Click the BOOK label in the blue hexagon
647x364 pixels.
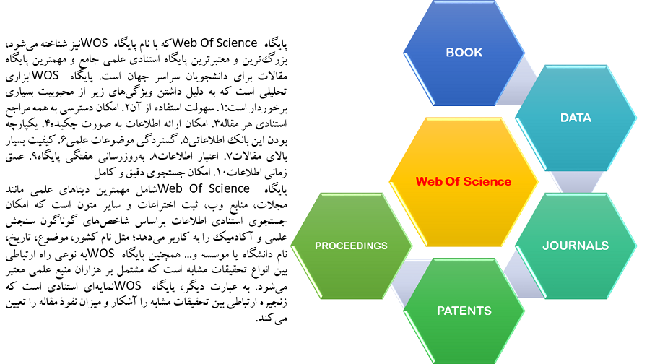tap(464, 53)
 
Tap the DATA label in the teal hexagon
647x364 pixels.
tap(576, 118)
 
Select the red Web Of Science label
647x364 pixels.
tap(464, 181)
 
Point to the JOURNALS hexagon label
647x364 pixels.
tap(576, 246)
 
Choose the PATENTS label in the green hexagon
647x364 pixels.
tap(464, 311)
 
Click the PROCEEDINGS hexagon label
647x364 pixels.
tap(351, 246)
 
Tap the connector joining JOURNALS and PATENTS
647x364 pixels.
tap(521, 274)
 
